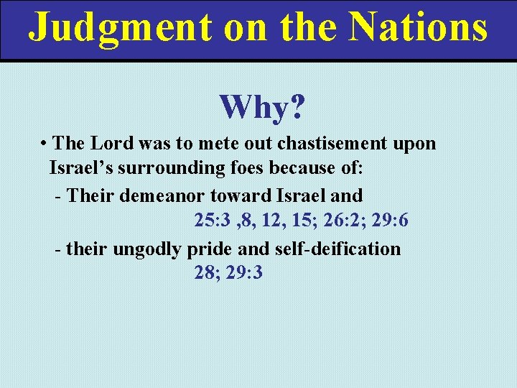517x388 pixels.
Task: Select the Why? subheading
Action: coord(262,108)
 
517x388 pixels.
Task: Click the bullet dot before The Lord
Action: coord(45,143)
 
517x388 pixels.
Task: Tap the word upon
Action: coord(414,143)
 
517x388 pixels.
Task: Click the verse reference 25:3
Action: coord(212,221)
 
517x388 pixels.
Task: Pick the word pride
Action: coord(208,249)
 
